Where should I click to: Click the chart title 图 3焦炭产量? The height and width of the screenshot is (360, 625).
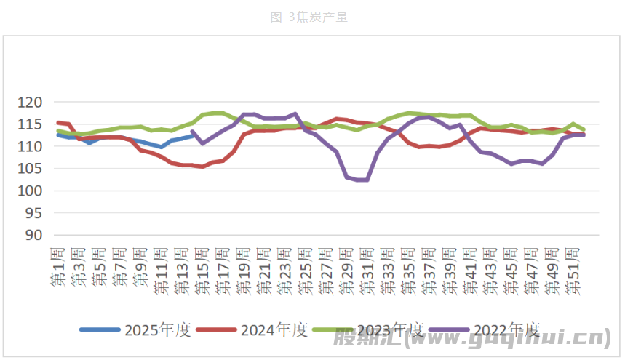(x=308, y=17)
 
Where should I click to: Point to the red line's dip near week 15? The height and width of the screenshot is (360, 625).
(x=202, y=167)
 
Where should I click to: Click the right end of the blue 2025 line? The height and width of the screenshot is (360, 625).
(x=193, y=135)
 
